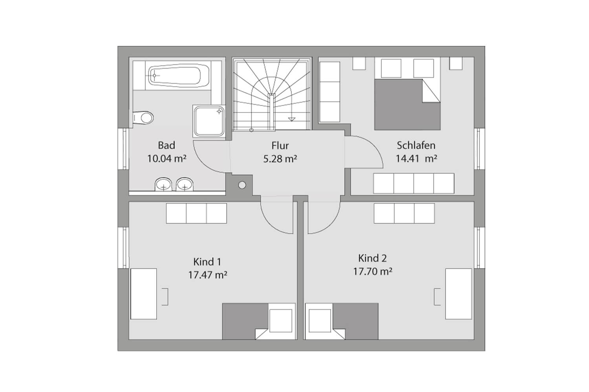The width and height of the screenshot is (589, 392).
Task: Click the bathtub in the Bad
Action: pos(179,76)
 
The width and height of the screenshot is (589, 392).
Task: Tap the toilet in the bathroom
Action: pos(143,118)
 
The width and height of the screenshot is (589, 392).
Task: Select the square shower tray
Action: pos(209,121)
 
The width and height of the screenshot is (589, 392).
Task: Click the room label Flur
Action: pos(280,145)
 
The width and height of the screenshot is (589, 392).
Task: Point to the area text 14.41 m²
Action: pos(417,159)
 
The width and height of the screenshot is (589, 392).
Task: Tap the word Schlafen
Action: pos(416,145)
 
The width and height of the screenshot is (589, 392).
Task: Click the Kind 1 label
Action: pos(207,262)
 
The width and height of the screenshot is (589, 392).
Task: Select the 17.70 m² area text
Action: pos(373,271)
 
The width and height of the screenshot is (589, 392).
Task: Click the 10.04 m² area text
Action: pos(167,159)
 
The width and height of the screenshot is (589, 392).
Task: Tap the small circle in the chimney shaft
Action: pos(242,185)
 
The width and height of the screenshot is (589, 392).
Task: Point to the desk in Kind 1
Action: pos(144,294)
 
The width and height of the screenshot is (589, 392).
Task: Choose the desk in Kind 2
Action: pos(458,294)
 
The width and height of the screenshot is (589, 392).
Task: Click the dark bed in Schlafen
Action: pos(407,105)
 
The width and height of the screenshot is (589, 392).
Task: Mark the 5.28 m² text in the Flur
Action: pos(280,159)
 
